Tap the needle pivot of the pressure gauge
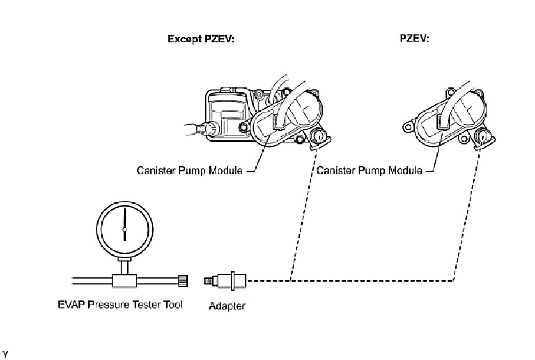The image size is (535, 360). pyautogui.click(x=124, y=229)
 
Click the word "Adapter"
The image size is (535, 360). pyautogui.click(x=227, y=306)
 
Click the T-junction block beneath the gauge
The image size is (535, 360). pyautogui.click(x=124, y=277)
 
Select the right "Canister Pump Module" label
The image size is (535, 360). pyautogui.click(x=369, y=171)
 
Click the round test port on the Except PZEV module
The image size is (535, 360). pyautogui.click(x=319, y=137)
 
